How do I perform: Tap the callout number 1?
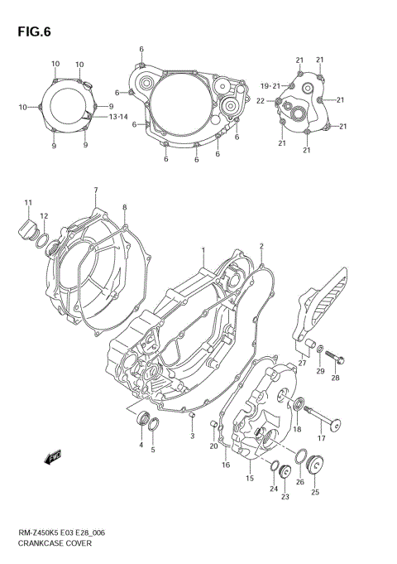(x=200, y=249)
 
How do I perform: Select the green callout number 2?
(x=261, y=246)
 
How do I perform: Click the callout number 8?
(x=124, y=207)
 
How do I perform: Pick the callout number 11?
(x=27, y=204)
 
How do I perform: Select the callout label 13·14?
(x=117, y=117)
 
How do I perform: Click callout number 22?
(x=260, y=101)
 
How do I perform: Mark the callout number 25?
(x=314, y=493)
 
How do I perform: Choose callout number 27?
(x=302, y=362)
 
